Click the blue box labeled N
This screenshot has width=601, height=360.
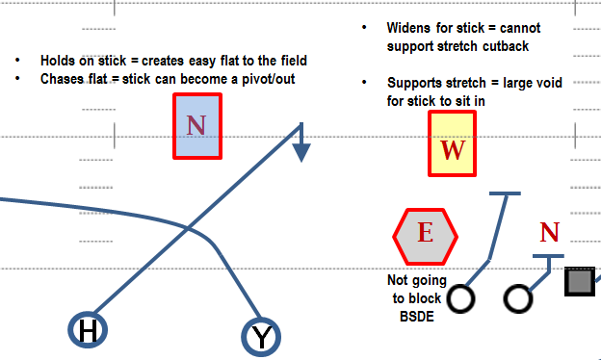(197, 126)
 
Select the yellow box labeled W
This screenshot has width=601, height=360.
(453, 143)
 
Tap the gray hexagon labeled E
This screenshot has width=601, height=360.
(426, 237)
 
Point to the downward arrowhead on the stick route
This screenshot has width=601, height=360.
(301, 152)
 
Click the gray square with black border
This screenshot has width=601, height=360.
(580, 281)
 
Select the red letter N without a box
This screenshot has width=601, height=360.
(550, 232)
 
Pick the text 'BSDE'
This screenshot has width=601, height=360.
(417, 317)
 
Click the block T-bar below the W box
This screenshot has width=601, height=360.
(505, 193)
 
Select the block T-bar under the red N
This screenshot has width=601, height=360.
(548, 256)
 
